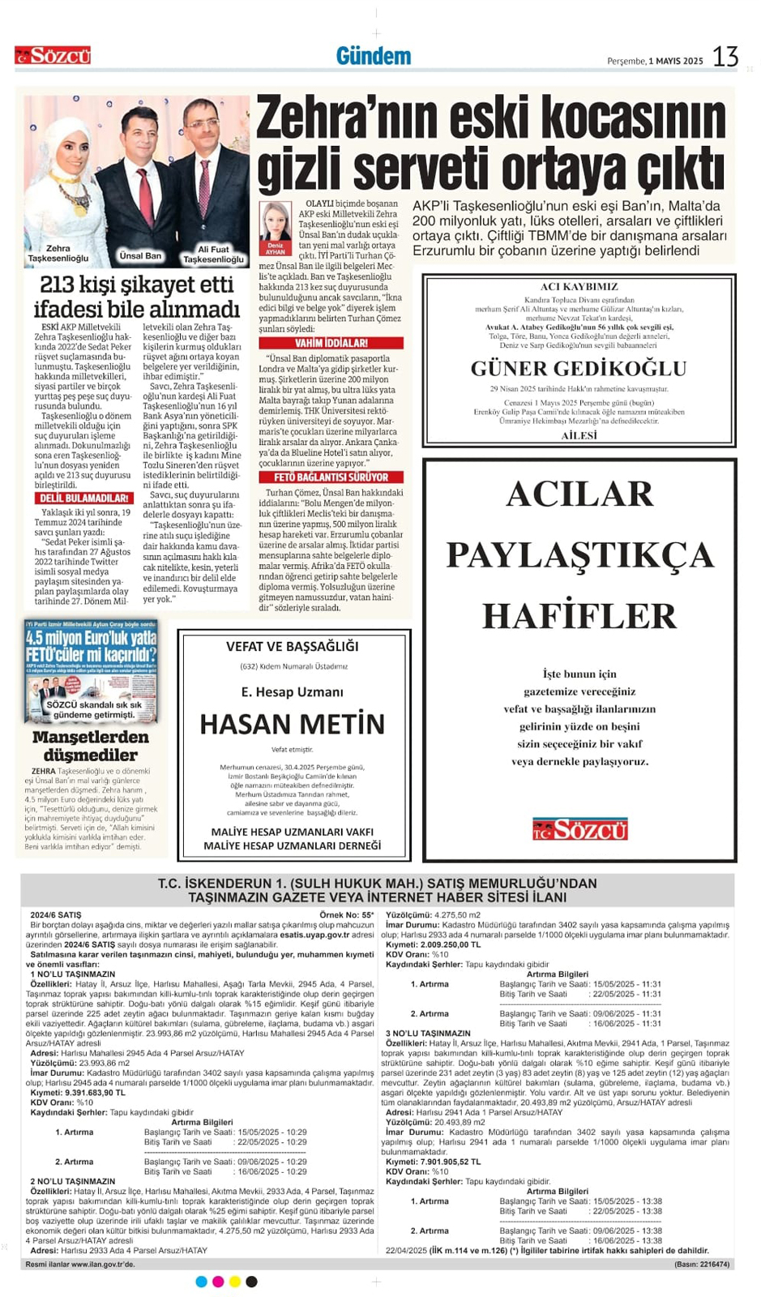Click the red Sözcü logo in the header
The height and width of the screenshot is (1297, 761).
[53, 56]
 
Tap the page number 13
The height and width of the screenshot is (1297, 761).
[725, 57]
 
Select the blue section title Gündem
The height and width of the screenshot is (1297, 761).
[374, 56]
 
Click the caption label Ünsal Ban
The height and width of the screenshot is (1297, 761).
[140, 256]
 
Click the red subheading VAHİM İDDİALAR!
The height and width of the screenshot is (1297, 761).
[331, 343]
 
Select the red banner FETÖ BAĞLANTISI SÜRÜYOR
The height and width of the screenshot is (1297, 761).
[331, 477]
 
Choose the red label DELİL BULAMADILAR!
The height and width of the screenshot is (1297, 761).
[84, 498]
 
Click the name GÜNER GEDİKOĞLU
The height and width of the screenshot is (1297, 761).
[579, 369]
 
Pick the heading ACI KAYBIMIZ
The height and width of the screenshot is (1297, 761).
[579, 287]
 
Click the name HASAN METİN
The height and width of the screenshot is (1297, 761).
[292, 724]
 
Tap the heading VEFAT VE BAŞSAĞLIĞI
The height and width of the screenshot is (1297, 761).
[292, 647]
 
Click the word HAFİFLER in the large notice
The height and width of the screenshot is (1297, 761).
[579, 616]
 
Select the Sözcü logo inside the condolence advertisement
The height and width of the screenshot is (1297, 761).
[579, 829]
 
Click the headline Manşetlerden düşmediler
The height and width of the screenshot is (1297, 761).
[91, 746]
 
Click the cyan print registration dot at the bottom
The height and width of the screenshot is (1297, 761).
[201, 1282]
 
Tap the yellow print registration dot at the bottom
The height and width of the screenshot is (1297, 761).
[235, 1282]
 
